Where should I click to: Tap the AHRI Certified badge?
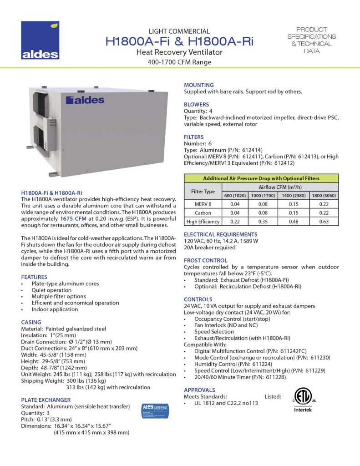(155, 410)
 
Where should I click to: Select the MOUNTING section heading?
(198, 85)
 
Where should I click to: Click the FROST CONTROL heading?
(202, 260)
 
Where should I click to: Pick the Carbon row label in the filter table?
(203, 213)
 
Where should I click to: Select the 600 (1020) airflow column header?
(235, 196)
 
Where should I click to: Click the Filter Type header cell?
(203, 191)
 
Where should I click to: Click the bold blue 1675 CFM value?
(73, 219)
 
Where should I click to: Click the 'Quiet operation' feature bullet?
(51, 290)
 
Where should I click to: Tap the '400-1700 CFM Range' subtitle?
(179, 62)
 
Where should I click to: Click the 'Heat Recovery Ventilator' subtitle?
(179, 52)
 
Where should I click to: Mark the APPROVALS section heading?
(199, 390)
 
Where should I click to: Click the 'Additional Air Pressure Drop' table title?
(261, 178)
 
